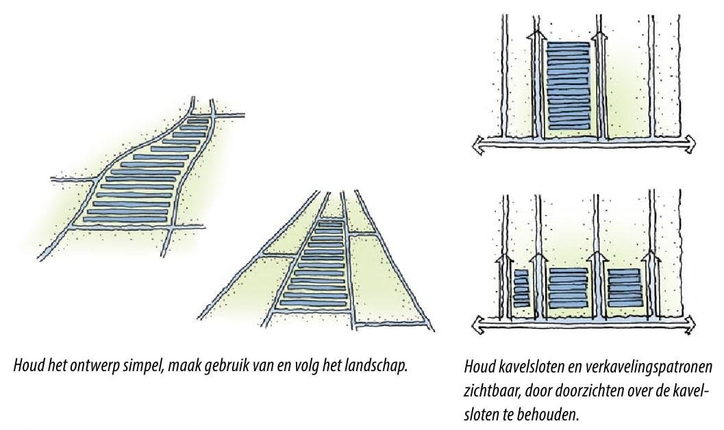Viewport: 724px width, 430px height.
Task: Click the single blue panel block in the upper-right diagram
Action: (x=569, y=86)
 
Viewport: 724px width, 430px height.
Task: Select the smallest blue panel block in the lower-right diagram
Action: (x=521, y=289)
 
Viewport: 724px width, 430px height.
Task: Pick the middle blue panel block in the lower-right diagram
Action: (x=569, y=288)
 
